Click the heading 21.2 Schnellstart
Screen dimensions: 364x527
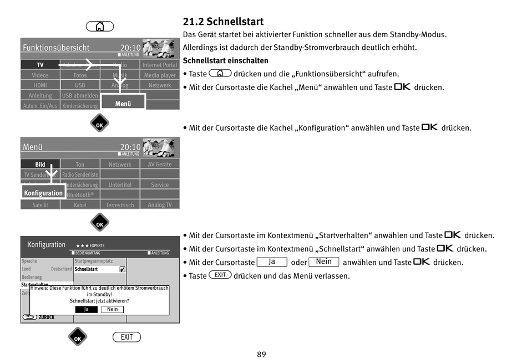(x=223, y=22)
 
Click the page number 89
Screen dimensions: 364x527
(x=262, y=354)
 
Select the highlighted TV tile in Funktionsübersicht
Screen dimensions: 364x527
(x=40, y=65)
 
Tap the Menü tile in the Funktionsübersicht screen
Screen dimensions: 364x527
(x=123, y=104)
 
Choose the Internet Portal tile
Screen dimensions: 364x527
(x=160, y=65)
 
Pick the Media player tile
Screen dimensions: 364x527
(x=160, y=75)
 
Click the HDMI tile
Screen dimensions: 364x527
(x=40, y=85)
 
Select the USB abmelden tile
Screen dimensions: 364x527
(x=80, y=95)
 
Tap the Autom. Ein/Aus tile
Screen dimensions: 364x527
(x=40, y=106)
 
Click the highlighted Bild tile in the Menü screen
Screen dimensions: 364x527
(x=40, y=165)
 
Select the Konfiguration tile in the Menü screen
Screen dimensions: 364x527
(x=43, y=193)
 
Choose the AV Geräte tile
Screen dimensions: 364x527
(x=160, y=165)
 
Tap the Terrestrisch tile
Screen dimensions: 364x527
(x=120, y=205)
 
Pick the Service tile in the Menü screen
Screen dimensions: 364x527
(x=160, y=185)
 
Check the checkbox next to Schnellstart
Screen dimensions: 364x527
(x=123, y=269)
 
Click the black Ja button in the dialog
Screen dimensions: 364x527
(x=86, y=309)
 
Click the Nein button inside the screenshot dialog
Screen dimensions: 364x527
(x=112, y=309)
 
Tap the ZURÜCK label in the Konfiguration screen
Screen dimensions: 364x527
(x=46, y=317)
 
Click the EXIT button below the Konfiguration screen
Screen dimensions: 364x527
(x=126, y=337)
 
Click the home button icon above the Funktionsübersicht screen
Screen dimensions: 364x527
(x=100, y=27)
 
